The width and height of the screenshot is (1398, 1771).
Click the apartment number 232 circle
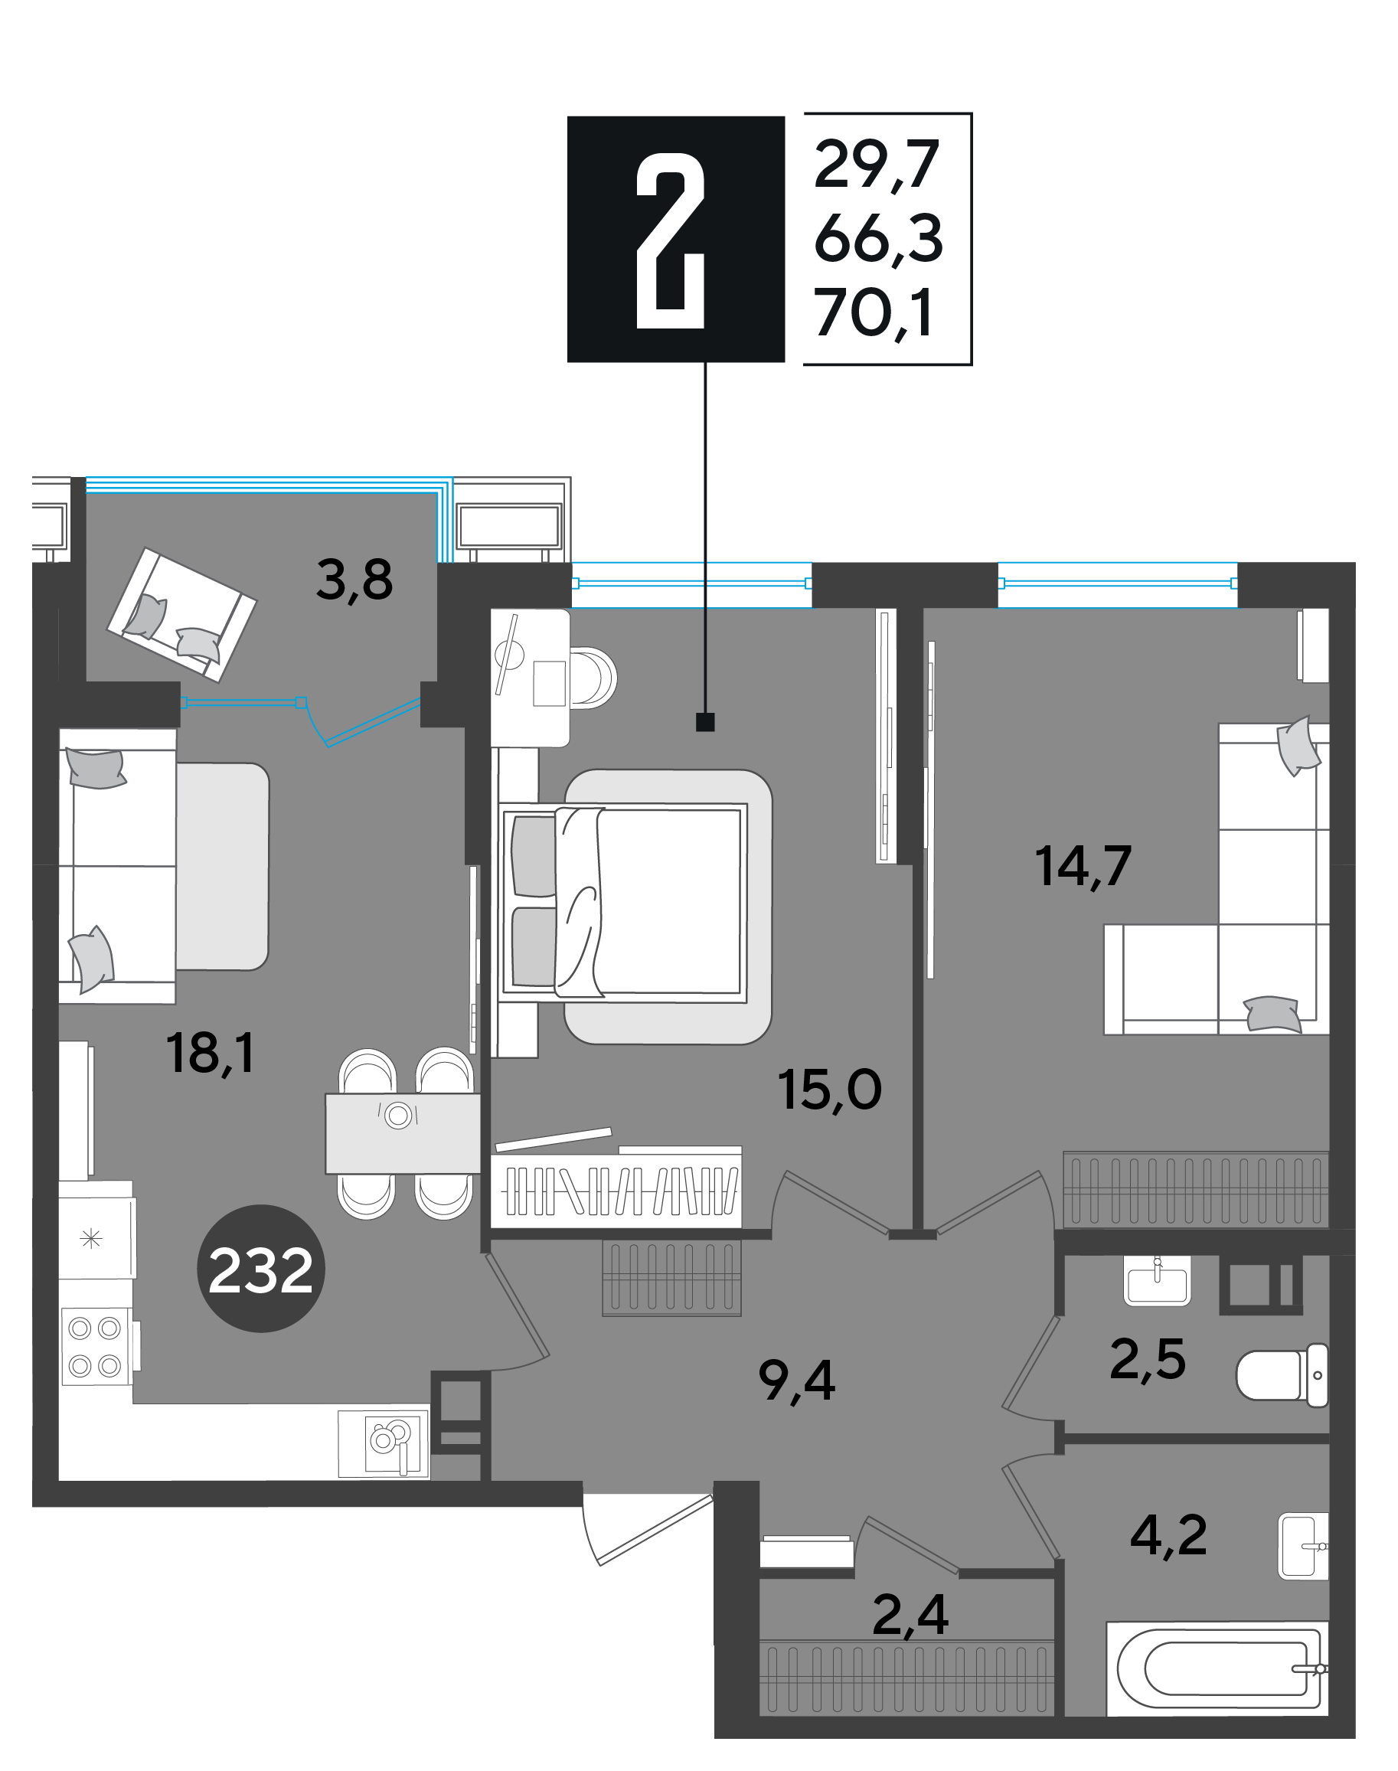[x=261, y=1269]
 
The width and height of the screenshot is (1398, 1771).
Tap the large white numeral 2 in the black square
[x=671, y=240]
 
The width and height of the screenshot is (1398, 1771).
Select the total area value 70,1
[x=874, y=313]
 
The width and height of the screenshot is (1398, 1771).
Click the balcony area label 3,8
[x=354, y=580]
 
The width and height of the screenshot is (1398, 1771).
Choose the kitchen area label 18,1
[x=211, y=1054]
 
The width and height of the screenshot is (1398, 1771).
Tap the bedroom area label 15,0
[x=829, y=1090]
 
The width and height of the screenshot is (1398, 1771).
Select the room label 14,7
[x=1083, y=866]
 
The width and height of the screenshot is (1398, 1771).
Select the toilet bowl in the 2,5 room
[x=1282, y=1376]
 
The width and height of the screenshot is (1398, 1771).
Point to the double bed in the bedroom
[x=624, y=904]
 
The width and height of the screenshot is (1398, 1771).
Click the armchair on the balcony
[x=181, y=614]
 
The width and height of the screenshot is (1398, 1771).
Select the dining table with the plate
[x=403, y=1133]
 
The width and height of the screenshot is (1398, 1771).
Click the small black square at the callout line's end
[x=704, y=722]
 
